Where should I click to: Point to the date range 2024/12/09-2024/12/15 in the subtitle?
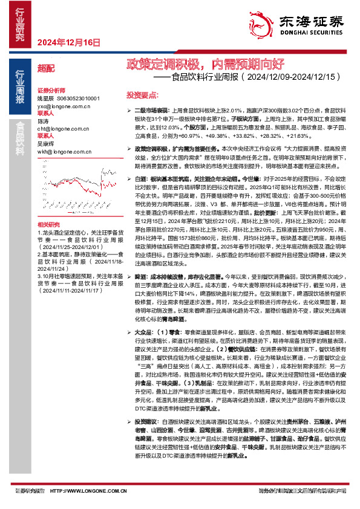click(x=282, y=77)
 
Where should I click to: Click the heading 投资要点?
click(x=142, y=96)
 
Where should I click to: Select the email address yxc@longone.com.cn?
click(x=64, y=105)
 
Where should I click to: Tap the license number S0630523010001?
click(x=77, y=98)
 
